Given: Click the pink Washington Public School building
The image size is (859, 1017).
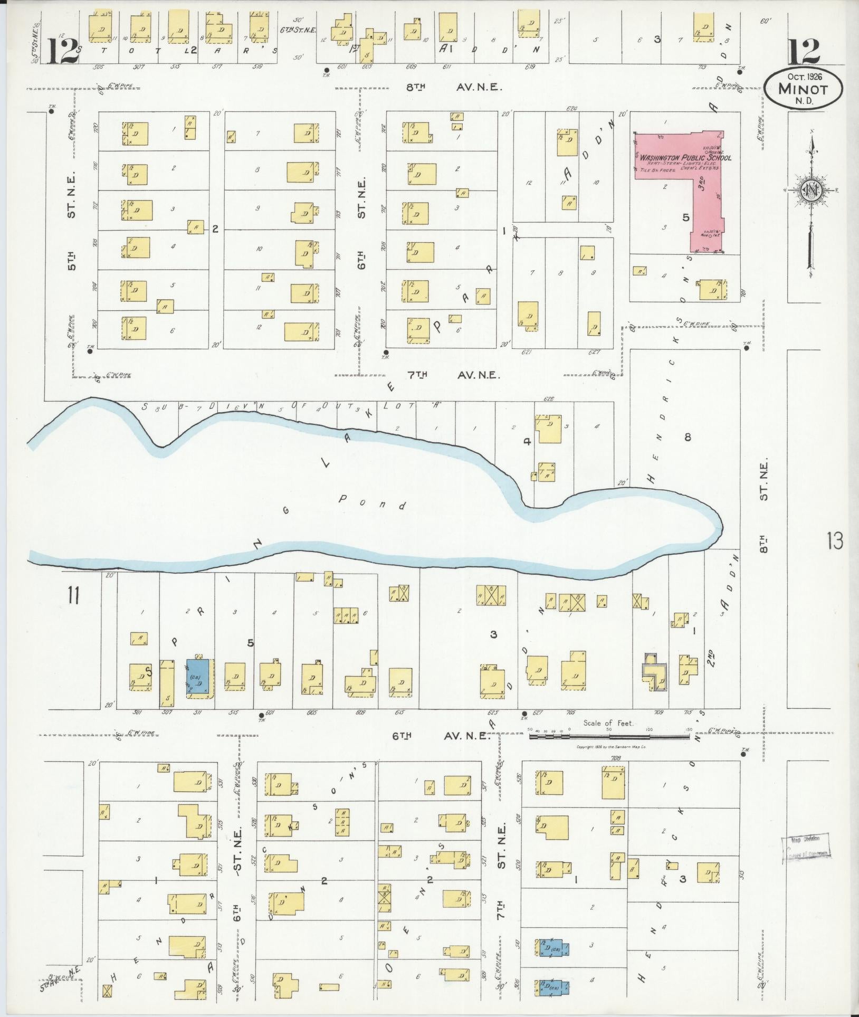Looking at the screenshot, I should (681, 158).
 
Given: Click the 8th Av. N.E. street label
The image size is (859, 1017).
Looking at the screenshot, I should (453, 88).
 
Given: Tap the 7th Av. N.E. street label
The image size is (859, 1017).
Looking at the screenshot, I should (453, 375).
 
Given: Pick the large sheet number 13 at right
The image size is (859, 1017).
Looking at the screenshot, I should (835, 541).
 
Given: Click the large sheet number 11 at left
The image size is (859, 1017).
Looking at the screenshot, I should (73, 596).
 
